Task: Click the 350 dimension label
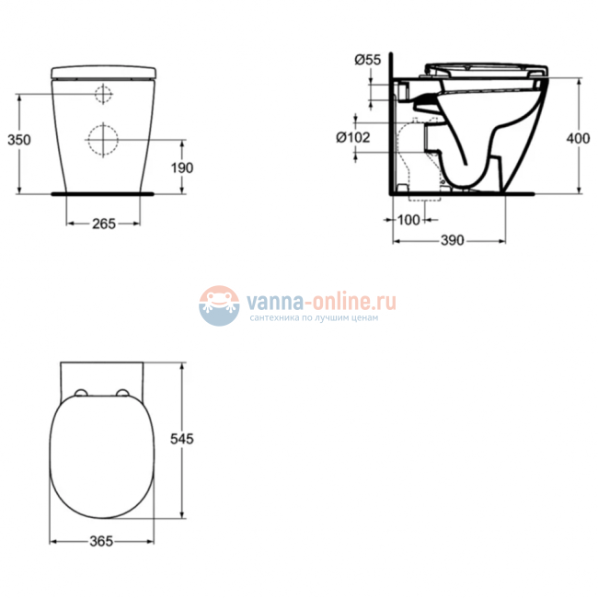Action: pyautogui.click(x=19, y=140)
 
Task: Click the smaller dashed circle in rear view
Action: pyautogui.click(x=103, y=94)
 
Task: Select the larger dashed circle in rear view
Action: pyautogui.click(x=103, y=140)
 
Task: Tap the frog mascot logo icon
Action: pyautogui.click(x=219, y=305)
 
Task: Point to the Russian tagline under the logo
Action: pyautogui.click(x=313, y=317)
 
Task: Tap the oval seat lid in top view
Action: pyautogui.click(x=102, y=455)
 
